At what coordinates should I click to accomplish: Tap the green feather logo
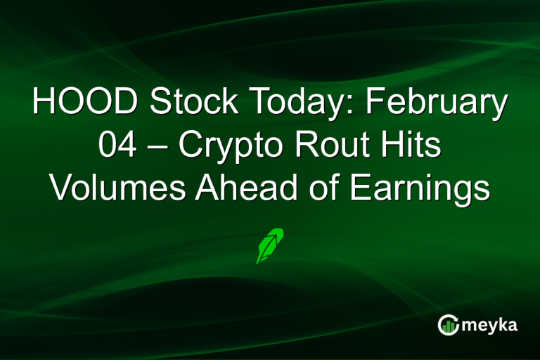coord(271,245)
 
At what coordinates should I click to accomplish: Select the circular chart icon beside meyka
coord(449,325)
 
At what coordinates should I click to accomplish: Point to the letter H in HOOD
coord(44,103)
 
